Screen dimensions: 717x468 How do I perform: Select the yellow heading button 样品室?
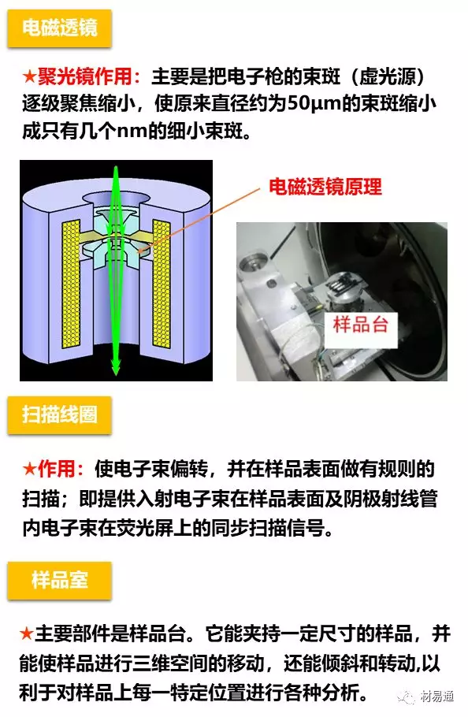[59, 581]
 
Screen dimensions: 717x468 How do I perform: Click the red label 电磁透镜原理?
[325, 187]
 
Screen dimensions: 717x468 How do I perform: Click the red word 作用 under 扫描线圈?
[60, 470]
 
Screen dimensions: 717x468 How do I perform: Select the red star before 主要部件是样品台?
[27, 633]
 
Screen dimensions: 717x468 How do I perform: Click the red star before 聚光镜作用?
[29, 78]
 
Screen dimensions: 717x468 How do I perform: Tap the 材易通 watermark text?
[437, 697]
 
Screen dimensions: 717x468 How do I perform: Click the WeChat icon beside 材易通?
[408, 697]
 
